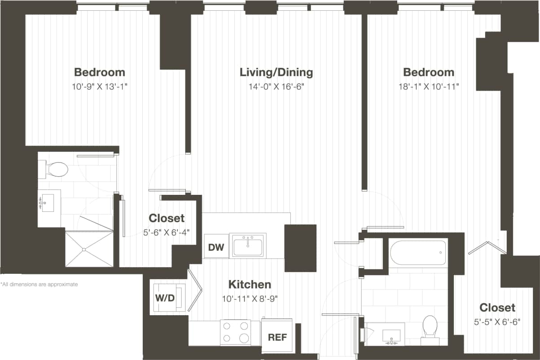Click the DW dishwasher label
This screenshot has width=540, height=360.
[216, 246]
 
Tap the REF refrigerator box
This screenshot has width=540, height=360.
[277, 337]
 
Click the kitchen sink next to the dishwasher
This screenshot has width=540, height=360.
[248, 246]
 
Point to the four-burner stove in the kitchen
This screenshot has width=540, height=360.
[235, 333]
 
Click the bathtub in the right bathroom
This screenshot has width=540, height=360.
[418, 253]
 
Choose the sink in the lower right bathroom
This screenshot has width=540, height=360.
[389, 335]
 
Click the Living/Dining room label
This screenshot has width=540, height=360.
[276, 72]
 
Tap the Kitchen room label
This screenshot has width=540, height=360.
[250, 284]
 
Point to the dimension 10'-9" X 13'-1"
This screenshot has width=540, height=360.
[99, 87]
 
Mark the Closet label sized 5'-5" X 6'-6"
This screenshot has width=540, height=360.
[497, 307]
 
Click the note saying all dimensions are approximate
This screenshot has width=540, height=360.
[40, 285]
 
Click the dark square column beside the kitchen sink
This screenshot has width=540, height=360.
[300, 248]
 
